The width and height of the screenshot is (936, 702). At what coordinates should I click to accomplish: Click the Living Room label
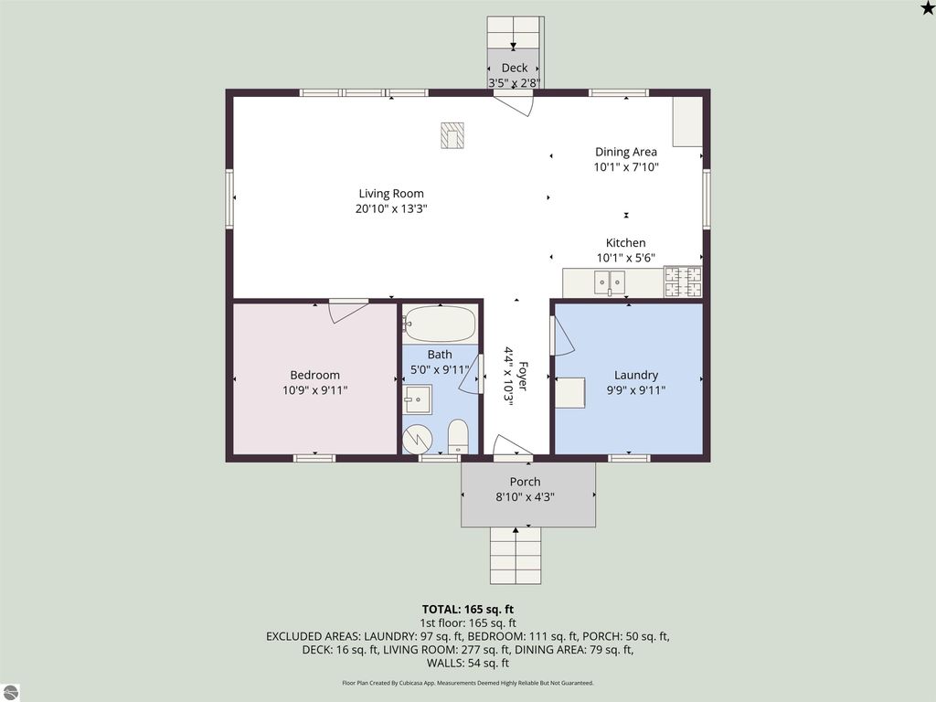391,194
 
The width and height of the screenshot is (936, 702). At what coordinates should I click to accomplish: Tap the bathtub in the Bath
440,324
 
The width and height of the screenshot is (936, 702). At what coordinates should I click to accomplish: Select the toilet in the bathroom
458,436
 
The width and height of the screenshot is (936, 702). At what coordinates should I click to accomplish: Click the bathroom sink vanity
417,399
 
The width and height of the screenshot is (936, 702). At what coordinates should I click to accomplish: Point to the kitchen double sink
610,282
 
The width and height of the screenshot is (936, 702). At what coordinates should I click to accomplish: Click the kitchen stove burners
683,282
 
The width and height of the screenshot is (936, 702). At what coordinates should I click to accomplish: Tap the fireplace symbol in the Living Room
452,135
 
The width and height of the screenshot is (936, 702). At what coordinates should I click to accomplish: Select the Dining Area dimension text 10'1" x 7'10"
625,167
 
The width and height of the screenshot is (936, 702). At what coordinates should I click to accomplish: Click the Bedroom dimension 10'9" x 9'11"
315,390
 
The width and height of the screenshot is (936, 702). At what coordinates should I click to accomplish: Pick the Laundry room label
636,375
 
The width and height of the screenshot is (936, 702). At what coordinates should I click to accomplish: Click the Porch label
526,482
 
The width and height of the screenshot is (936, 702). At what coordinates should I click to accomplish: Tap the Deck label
515,68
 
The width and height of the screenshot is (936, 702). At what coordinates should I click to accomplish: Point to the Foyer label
523,376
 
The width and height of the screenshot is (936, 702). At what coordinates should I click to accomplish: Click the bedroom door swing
348,311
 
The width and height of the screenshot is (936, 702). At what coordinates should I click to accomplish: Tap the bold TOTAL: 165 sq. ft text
468,610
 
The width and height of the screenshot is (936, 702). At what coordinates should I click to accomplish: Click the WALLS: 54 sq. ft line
468,664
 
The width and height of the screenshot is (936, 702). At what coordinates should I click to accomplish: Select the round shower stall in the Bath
417,439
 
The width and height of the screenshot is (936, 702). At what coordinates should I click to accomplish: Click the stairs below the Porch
516,556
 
